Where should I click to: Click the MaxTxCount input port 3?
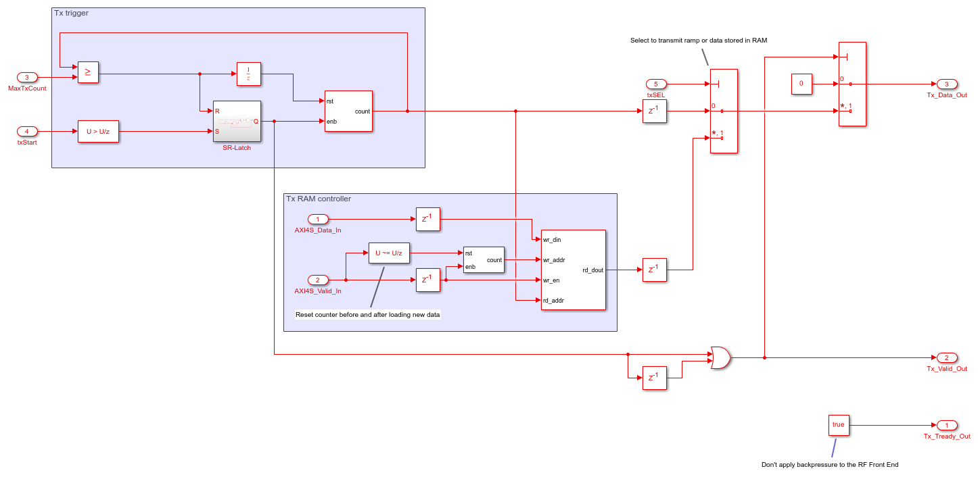click(27, 78)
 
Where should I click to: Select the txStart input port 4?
click(27, 131)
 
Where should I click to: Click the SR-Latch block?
click(237, 122)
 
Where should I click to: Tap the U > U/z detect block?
click(98, 131)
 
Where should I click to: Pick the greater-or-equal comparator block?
click(88, 72)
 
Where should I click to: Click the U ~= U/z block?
click(389, 253)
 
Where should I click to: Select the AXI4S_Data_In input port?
click(318, 219)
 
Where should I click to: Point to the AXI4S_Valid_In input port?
click(318, 280)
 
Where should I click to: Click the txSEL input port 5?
click(656, 84)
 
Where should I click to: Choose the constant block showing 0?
click(801, 84)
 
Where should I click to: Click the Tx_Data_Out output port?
click(947, 84)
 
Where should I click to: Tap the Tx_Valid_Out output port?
click(947, 357)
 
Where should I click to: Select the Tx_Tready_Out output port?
click(947, 425)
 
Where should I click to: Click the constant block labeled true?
click(839, 425)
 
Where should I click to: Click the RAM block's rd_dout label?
click(592, 270)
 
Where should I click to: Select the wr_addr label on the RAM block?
click(553, 259)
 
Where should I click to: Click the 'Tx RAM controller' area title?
click(319, 199)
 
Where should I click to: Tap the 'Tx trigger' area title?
click(71, 14)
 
